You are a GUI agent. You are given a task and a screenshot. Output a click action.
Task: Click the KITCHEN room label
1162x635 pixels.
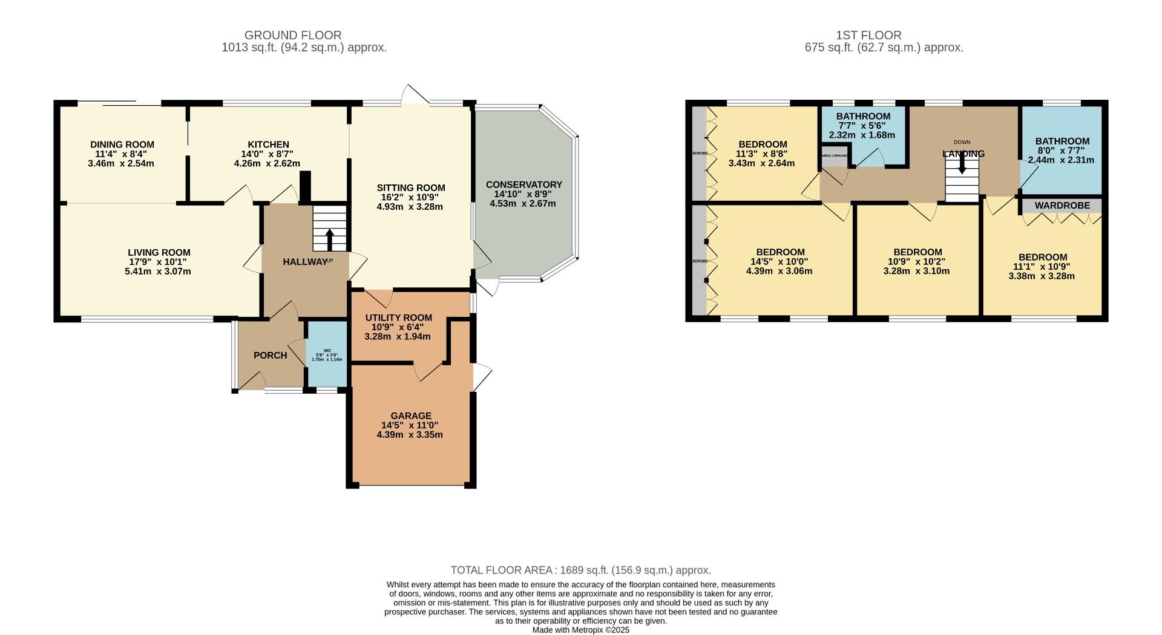pyautogui.click(x=268, y=145)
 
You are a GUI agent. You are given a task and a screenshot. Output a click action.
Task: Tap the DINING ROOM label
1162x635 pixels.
pyautogui.click(x=122, y=145)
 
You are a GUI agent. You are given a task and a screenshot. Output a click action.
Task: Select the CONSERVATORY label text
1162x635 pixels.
pyautogui.click(x=524, y=184)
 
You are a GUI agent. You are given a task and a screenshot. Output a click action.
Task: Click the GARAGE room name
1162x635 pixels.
pyautogui.click(x=411, y=415)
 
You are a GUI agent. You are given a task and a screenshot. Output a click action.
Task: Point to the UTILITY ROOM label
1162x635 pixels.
pyautogui.click(x=398, y=317)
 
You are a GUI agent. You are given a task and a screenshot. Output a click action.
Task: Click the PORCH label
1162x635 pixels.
pyautogui.click(x=270, y=355)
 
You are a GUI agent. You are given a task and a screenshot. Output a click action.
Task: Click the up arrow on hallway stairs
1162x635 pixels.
pyautogui.click(x=330, y=238)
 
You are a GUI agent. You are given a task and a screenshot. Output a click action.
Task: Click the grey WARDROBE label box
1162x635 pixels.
pyautogui.click(x=1062, y=206)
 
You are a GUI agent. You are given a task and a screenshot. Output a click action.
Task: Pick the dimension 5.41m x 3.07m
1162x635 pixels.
pyautogui.click(x=158, y=272)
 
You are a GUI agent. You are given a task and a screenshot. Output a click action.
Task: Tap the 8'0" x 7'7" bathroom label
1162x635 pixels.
pyautogui.click(x=1062, y=151)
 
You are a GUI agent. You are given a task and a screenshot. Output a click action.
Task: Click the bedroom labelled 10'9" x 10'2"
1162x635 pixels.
pyautogui.click(x=917, y=261)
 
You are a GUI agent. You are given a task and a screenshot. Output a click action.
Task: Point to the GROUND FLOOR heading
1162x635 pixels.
pyautogui.click(x=293, y=35)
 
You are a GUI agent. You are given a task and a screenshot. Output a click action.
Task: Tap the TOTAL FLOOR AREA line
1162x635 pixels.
pyautogui.click(x=580, y=570)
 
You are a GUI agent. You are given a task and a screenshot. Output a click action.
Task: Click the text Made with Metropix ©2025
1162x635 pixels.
pyautogui.click(x=580, y=630)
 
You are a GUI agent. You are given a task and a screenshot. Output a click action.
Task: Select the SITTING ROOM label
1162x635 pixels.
pyautogui.click(x=410, y=187)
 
